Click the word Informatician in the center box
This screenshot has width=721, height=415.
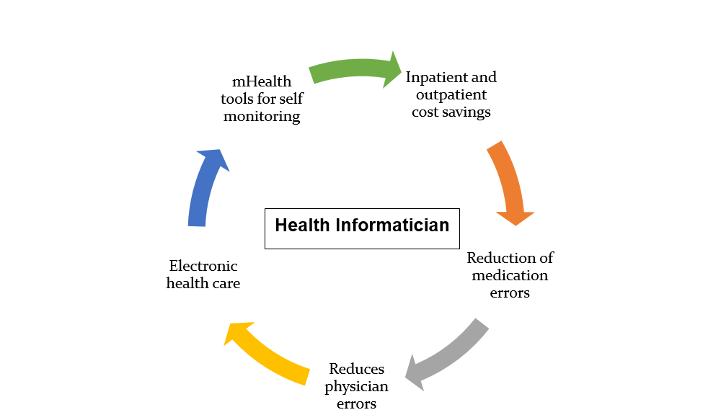coord(392,226)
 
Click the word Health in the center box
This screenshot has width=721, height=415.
coord(303,226)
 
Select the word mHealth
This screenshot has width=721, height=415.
coord(262,81)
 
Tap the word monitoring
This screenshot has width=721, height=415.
coord(262,116)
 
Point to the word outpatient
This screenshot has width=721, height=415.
coord(451,94)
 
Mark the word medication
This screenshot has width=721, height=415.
coord(510,275)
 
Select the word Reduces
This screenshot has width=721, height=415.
coord(357,369)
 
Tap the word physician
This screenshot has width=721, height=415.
coord(356,387)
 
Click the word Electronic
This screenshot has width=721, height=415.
coord(203,266)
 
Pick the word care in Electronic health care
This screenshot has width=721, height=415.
coord(226,284)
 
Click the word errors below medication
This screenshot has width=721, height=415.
coord(510,293)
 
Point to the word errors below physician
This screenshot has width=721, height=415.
coord(356,404)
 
